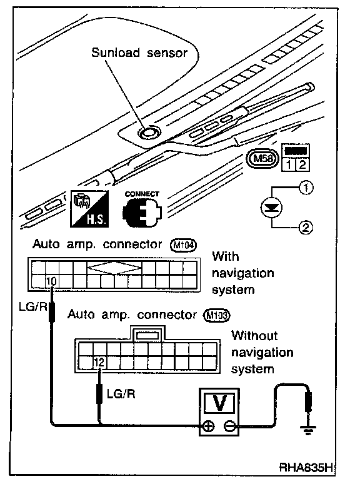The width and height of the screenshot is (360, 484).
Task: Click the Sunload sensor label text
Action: (139, 53)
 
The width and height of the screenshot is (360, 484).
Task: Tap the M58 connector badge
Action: (263, 159)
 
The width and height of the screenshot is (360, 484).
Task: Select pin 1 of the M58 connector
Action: (288, 164)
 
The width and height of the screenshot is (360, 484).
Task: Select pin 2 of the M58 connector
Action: (302, 164)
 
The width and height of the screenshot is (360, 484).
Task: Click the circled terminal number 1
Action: (306, 188)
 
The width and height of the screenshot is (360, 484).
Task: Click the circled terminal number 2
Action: (306, 228)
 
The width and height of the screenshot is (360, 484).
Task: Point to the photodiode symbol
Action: (272, 208)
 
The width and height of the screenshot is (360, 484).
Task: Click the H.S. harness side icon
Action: (89, 208)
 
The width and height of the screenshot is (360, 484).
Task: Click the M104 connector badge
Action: (184, 245)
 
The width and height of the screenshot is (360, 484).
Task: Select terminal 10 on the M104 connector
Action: (51, 281)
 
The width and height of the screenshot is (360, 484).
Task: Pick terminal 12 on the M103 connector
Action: (99, 362)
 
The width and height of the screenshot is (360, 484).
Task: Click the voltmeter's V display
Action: (219, 403)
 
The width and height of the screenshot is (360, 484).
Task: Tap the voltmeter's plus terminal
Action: (209, 427)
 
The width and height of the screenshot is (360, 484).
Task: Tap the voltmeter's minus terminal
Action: (230, 427)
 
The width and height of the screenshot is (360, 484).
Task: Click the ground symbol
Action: (307, 428)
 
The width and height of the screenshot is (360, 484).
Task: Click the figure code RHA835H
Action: (306, 468)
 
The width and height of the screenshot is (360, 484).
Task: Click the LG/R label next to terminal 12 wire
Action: (121, 393)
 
